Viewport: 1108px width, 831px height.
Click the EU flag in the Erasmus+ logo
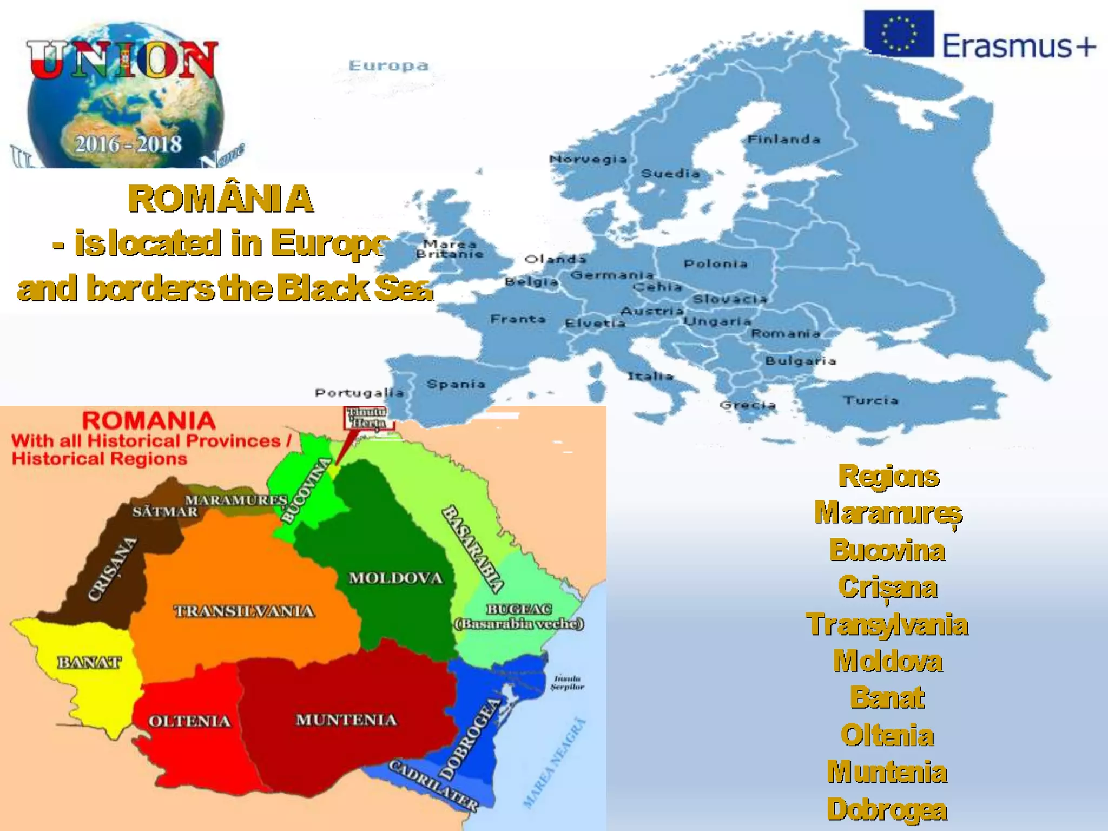click(899, 34)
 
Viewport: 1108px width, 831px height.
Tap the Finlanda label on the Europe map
click(783, 140)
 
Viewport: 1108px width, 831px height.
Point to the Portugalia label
click(359, 393)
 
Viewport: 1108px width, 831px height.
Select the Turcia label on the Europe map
click(870, 400)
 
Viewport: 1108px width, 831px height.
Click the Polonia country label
click(715, 264)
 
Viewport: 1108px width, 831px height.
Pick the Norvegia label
click(588, 159)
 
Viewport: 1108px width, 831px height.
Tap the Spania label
click(456, 384)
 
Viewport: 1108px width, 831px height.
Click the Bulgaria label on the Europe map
click(801, 361)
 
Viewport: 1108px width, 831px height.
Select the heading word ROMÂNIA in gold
click(221, 199)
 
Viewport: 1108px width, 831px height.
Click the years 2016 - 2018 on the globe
click(128, 144)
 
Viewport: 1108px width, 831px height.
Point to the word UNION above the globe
click(122, 60)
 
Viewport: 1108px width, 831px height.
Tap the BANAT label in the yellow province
click(89, 662)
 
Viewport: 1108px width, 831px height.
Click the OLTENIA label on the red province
click(189, 721)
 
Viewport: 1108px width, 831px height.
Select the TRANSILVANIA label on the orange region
click(244, 611)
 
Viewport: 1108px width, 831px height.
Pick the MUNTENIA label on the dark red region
click(346, 720)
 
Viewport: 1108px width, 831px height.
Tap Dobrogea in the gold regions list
click(887, 809)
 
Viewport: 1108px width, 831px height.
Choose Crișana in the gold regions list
click(887, 588)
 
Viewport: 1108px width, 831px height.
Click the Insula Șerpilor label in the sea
click(567, 683)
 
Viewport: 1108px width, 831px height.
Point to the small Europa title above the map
click(388, 66)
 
